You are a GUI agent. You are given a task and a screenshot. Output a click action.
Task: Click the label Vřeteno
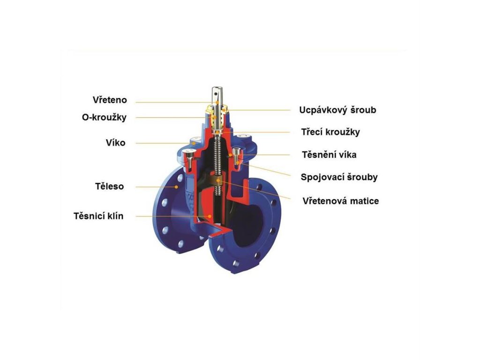point(110,100)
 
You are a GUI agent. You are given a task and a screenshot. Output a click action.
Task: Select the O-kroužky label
point(104,117)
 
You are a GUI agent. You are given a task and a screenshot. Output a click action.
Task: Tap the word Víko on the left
point(115,142)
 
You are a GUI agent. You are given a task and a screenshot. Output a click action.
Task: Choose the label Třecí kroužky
point(330,132)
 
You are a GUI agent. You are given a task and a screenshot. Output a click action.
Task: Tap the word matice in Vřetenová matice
point(364,201)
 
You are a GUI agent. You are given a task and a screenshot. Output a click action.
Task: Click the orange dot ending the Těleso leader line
point(176,187)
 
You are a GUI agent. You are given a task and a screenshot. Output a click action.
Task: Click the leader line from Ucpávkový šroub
point(262,110)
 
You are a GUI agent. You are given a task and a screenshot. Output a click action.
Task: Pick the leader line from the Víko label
point(159,142)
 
